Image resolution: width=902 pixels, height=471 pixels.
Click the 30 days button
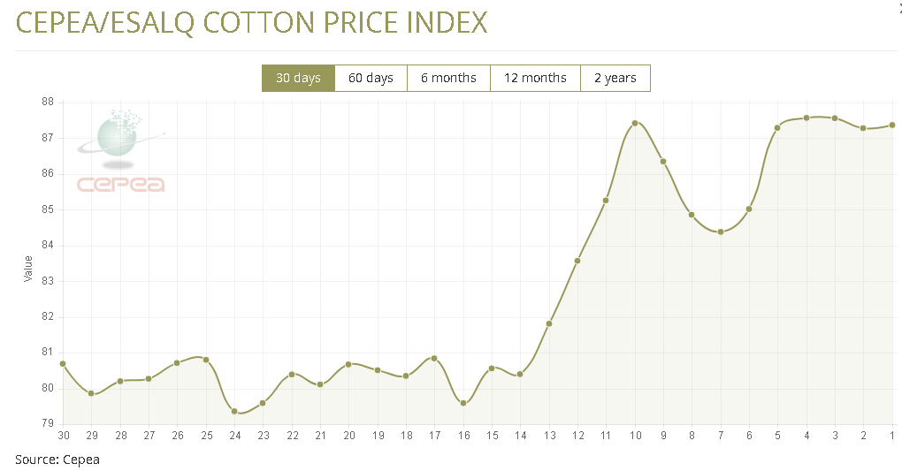298,78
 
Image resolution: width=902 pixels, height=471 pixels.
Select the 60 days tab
371,78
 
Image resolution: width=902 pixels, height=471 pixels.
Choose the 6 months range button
448,78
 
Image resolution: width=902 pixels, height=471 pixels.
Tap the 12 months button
535,78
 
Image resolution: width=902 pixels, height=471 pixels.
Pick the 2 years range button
615,78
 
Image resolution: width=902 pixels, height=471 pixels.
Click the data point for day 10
635,123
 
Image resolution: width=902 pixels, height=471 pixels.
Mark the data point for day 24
234,411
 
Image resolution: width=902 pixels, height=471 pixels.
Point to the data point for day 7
721,232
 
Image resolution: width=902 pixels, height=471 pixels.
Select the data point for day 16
463,403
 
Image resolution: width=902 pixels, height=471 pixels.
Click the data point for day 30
63,363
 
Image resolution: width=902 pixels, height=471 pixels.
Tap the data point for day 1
892,125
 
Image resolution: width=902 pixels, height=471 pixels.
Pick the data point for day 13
549,323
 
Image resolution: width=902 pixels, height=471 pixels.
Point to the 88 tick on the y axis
48,103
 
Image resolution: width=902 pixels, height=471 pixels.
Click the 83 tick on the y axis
48,281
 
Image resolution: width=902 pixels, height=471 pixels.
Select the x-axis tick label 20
349,435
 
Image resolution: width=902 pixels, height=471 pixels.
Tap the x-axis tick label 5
778,435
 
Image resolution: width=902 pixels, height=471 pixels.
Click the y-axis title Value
28,269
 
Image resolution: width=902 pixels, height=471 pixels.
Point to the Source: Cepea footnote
57,459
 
